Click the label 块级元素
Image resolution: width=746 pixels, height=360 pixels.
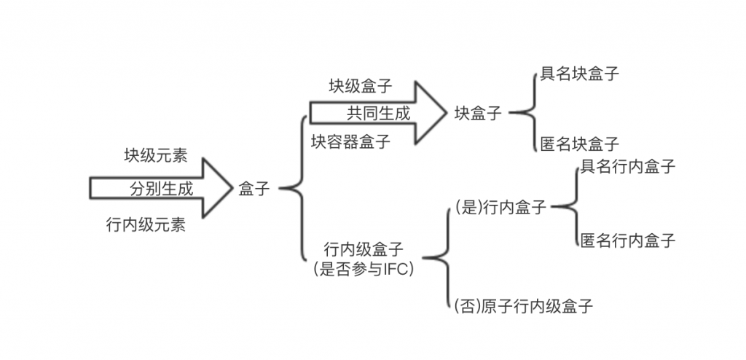point(155,155)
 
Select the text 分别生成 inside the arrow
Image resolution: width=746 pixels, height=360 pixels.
point(162,189)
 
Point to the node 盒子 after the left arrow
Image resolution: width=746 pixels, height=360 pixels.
point(254,189)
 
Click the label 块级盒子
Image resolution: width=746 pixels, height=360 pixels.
point(360,86)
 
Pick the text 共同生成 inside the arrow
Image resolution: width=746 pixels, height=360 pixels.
point(378,114)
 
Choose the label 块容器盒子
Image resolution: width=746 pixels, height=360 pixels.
point(350,141)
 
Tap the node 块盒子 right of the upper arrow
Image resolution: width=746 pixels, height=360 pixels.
point(478,114)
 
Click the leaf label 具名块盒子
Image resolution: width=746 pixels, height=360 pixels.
point(580,74)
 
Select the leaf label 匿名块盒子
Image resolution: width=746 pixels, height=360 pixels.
point(580,143)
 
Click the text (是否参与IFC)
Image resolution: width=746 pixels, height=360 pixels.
point(364,269)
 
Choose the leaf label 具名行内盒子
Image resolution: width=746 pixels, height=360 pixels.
point(627,167)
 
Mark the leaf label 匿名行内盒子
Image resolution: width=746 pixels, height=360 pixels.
point(627,240)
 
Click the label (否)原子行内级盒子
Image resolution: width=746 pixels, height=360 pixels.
point(523,306)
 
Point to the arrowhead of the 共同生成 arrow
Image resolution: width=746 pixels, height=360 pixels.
point(430,113)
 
